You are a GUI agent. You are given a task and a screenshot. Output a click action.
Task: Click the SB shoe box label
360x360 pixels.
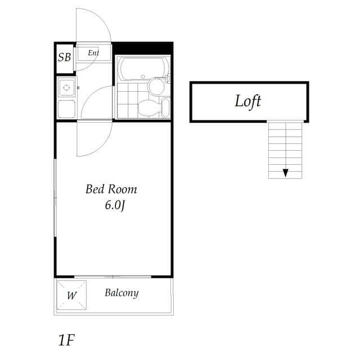tap(65, 57)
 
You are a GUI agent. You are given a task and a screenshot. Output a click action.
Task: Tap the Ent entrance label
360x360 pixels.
tap(93, 53)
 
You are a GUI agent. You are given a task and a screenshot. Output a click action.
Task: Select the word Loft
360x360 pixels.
tap(248, 101)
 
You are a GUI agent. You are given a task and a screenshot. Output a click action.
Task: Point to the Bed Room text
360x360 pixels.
tap(111, 190)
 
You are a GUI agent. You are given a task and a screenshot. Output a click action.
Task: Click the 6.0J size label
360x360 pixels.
tap(114, 205)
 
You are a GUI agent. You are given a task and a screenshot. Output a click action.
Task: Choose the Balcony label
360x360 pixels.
tap(121, 293)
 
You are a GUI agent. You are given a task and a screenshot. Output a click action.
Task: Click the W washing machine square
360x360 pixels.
tap(72, 295)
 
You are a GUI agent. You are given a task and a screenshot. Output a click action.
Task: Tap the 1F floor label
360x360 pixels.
tap(66, 340)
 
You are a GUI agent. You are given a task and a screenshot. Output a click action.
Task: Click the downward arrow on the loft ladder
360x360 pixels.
tap(286, 172)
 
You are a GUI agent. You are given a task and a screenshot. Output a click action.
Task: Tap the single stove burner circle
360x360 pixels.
tap(67, 87)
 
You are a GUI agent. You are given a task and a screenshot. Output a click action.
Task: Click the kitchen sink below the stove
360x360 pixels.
tap(67, 108)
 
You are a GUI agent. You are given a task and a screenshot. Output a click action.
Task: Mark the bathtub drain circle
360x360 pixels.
tap(143, 76)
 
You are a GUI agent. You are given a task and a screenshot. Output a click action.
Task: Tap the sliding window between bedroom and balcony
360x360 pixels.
tap(113, 277)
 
